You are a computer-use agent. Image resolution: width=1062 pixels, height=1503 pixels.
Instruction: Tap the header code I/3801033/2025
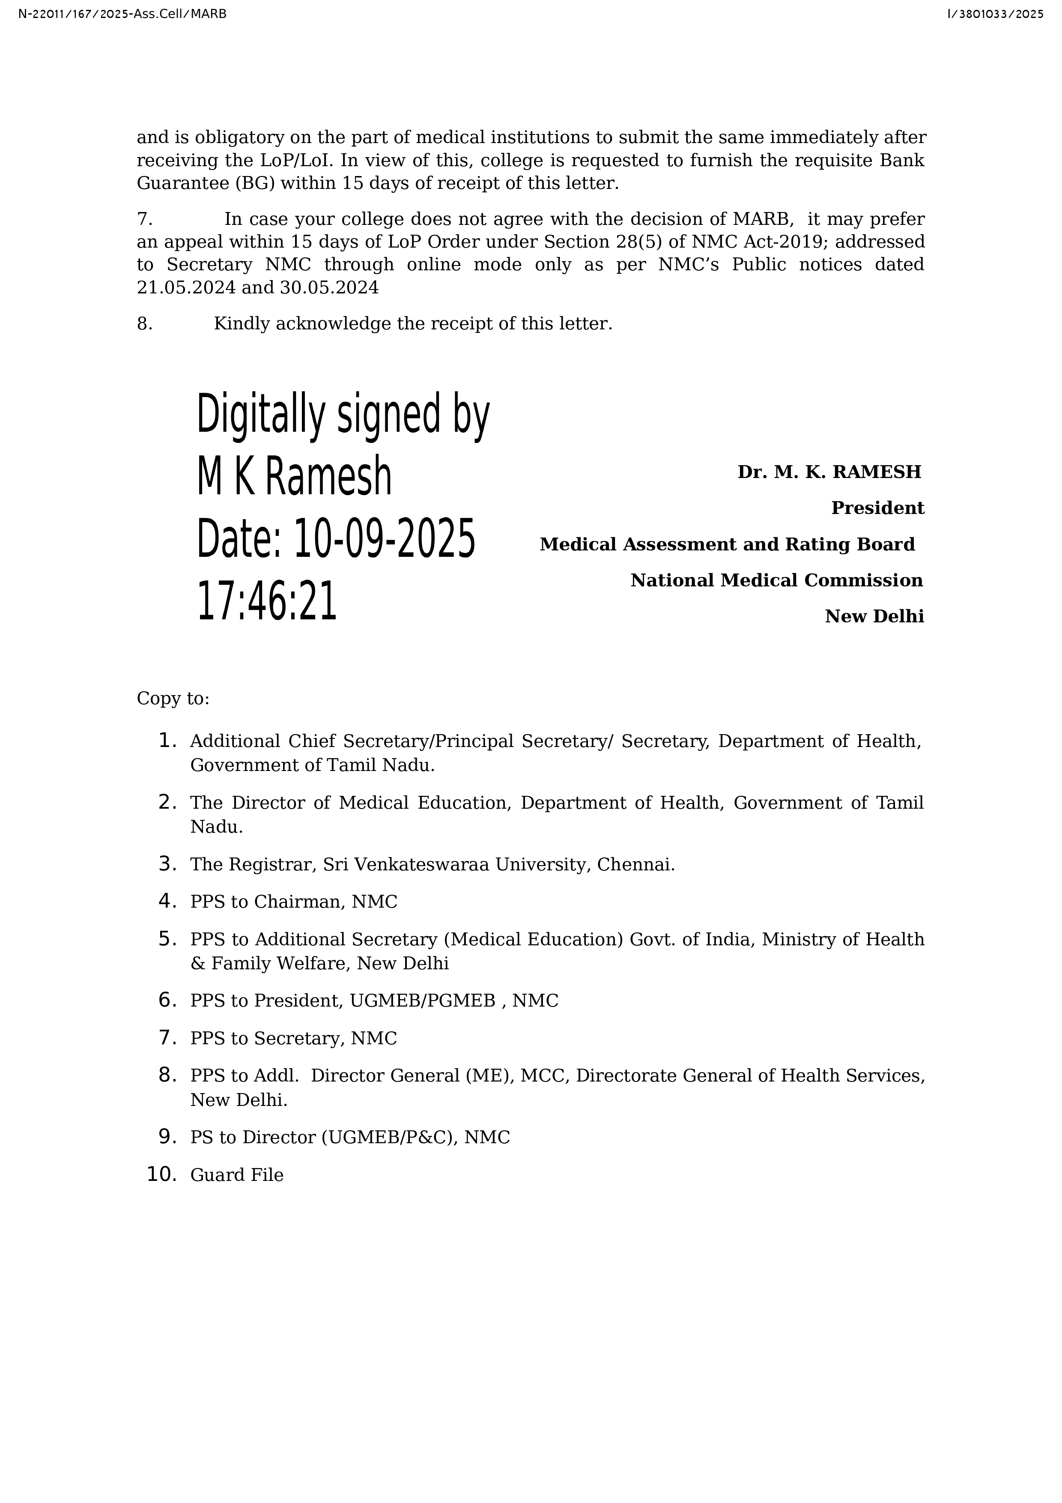[x=995, y=14]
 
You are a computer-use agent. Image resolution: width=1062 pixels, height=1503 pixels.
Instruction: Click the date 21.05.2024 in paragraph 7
[x=186, y=288]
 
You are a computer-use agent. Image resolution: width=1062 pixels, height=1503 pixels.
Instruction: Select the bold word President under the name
[x=877, y=508]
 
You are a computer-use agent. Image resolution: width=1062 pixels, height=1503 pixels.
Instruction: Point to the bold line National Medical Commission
[x=777, y=581]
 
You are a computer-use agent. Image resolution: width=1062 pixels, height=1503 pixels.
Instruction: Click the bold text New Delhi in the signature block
[x=874, y=617]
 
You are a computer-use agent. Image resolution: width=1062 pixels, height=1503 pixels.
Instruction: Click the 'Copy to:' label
[x=173, y=699]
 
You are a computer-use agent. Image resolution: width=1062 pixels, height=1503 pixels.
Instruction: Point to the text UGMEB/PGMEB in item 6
[x=422, y=1001]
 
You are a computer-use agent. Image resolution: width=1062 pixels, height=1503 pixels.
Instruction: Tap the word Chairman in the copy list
[x=299, y=902]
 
